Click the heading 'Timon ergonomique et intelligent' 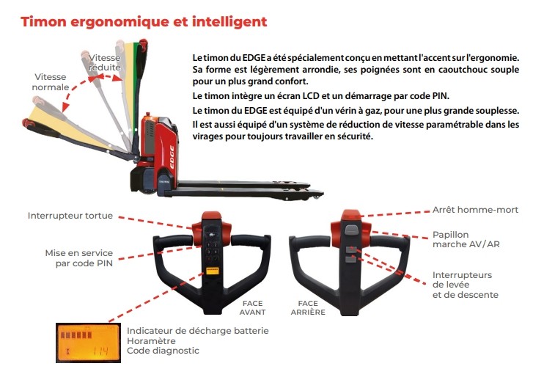pyautogui.click(x=144, y=21)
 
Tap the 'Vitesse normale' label pyautogui.click(x=51, y=82)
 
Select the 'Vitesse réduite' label pyautogui.click(x=104, y=62)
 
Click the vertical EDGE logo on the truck pyautogui.click(x=172, y=157)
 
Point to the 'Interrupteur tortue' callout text pyautogui.click(x=70, y=216)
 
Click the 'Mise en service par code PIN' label pyautogui.click(x=79, y=258)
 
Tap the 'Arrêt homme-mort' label pyautogui.click(x=475, y=210)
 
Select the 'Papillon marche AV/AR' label pyautogui.click(x=466, y=239)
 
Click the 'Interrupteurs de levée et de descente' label pyautogui.click(x=465, y=285)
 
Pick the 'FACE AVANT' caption pyautogui.click(x=252, y=307)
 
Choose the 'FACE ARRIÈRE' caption pyautogui.click(x=308, y=307)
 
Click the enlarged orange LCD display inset pyautogui.click(x=88, y=343)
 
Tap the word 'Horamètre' pyautogui.click(x=151, y=341)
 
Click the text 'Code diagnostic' pyautogui.click(x=163, y=351)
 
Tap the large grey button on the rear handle pyautogui.click(x=351, y=230)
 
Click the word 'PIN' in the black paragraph pyautogui.click(x=441, y=96)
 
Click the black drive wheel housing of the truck pyautogui.click(x=143, y=180)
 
